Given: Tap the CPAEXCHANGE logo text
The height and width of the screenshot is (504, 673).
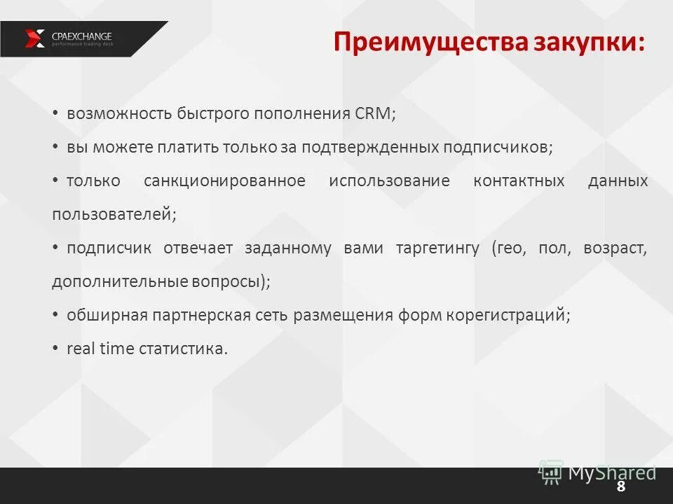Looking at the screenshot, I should click(x=82, y=36).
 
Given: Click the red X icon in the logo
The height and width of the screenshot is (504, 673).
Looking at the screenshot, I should click(x=35, y=38).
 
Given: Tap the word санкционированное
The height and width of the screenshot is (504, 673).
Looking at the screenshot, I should click(x=224, y=181).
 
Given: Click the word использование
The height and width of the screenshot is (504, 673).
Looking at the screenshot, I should click(x=389, y=181).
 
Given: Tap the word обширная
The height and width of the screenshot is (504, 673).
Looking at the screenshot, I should click(x=107, y=315).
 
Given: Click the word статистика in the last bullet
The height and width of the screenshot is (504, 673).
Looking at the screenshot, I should click(x=184, y=349).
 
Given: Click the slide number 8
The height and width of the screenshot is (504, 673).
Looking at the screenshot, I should click(x=620, y=487).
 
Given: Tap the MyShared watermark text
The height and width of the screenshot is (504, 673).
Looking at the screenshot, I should click(x=611, y=472).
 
